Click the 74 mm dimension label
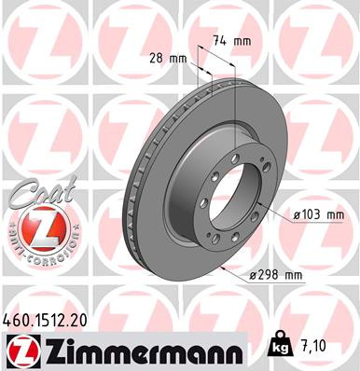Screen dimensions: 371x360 [x=230, y=40]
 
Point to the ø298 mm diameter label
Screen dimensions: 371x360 [x=278, y=274]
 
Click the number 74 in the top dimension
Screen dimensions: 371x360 [x=219, y=40]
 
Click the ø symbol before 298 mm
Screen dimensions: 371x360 [x=255, y=274]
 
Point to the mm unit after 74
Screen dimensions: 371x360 [x=242, y=40]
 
